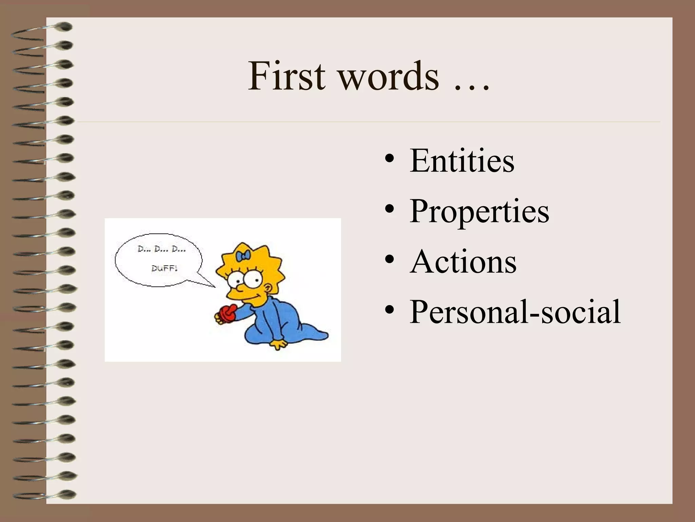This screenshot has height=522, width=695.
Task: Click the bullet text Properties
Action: [x=479, y=211]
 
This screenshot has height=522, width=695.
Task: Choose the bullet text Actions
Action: [x=463, y=262]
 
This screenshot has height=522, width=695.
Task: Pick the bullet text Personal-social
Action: [x=515, y=312]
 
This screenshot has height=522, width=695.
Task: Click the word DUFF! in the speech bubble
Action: [x=164, y=268]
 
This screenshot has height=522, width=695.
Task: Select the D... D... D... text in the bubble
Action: [x=162, y=249]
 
